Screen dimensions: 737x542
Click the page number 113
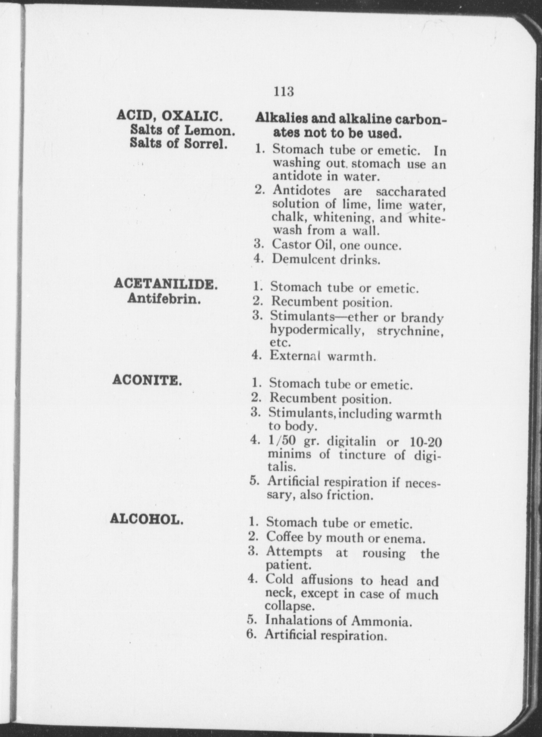(x=284, y=92)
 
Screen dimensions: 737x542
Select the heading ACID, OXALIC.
(x=169, y=116)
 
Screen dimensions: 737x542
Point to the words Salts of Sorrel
(x=178, y=144)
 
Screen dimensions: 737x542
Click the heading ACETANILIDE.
(x=165, y=285)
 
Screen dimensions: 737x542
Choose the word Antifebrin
(x=164, y=299)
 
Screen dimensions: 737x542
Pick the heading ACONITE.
(x=147, y=380)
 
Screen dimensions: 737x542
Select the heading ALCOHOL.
(x=147, y=519)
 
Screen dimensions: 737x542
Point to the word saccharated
(x=410, y=191)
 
